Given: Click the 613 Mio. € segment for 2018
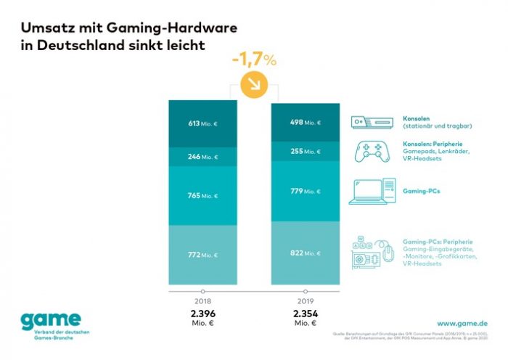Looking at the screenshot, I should (x=202, y=123).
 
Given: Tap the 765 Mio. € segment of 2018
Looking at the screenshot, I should (x=202, y=195).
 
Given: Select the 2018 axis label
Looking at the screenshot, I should (x=202, y=300).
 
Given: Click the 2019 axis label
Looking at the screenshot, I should (x=306, y=300).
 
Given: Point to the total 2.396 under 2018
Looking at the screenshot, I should (x=202, y=313).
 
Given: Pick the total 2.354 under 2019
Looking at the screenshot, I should (x=306, y=313).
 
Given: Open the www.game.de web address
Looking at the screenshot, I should (x=461, y=322).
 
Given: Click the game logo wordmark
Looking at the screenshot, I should (x=51, y=319).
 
